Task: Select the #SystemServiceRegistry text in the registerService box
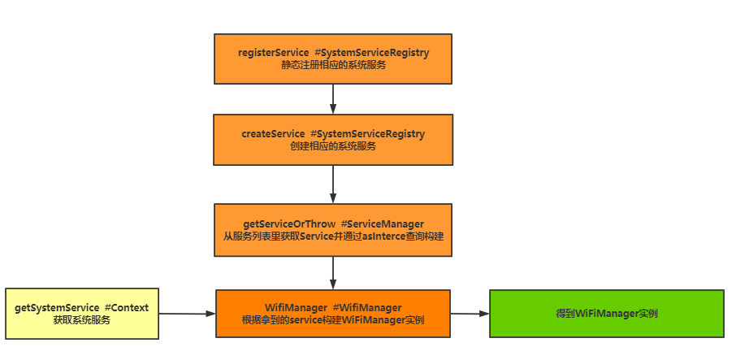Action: tap(371, 52)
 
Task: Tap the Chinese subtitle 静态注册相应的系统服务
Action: tap(333, 65)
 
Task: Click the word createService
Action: tap(272, 133)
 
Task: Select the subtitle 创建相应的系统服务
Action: tap(333, 146)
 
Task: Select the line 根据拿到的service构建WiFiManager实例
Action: tap(333, 320)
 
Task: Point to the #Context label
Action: tap(127, 308)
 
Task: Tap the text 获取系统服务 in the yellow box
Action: tap(82, 321)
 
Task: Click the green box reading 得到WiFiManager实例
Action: tap(606, 314)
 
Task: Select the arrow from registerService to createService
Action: tap(333, 98)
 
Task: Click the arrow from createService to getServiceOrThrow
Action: tap(333, 184)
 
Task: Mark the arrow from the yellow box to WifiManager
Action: tap(187, 313)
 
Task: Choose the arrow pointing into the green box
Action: tap(470, 313)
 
